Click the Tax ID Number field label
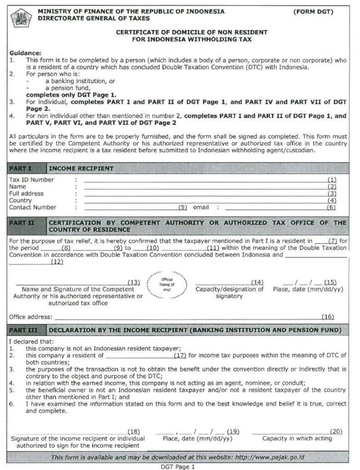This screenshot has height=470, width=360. (31, 180)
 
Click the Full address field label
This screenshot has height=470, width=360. (26, 194)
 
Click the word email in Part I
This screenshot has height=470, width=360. (201, 207)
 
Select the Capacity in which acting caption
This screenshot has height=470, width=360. (297, 438)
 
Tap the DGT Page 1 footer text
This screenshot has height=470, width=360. (178, 467)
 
